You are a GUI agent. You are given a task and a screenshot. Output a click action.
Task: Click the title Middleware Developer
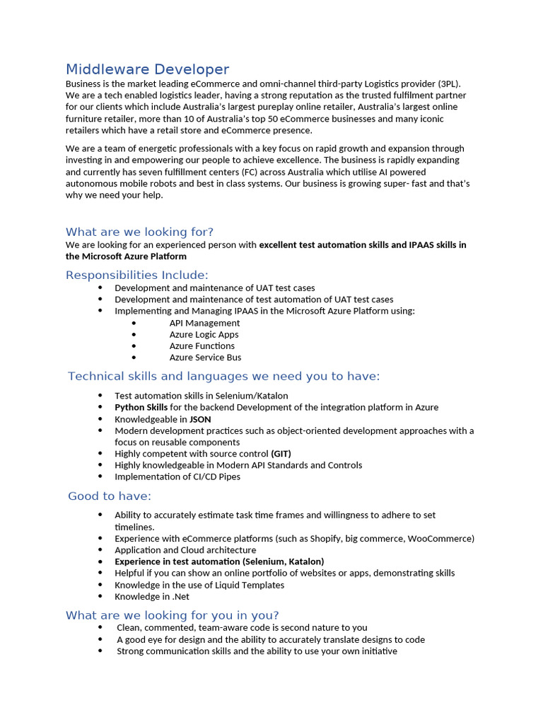[147, 69]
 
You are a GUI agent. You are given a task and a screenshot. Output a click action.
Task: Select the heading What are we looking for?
[139, 232]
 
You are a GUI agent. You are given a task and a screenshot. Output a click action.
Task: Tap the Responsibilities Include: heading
[137, 275]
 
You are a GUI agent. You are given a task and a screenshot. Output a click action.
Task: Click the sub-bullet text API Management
[204, 323]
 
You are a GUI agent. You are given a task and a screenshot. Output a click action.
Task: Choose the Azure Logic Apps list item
[204, 334]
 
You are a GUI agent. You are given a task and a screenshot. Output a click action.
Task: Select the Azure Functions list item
[202, 346]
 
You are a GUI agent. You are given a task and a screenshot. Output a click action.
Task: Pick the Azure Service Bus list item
[205, 358]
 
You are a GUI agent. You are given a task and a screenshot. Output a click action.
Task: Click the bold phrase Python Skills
[141, 407]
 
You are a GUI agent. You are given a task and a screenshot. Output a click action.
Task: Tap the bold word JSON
[200, 419]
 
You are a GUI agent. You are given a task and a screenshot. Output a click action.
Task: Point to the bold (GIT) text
[281, 454]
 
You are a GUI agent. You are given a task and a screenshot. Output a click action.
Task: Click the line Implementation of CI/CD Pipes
[177, 476]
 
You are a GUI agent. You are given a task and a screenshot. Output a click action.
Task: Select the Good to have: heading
[110, 496]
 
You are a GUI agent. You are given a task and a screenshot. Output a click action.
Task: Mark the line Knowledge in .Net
[152, 596]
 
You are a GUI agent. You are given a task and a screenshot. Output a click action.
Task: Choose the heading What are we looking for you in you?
[172, 615]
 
